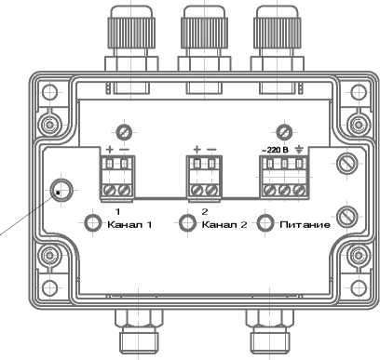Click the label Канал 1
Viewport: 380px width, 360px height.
pyautogui.click(x=129, y=224)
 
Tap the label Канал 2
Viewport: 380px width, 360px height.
pyautogui.click(x=224, y=224)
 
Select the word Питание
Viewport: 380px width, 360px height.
pyautogui.click(x=305, y=224)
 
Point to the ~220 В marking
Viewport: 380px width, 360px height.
pyautogui.click(x=276, y=150)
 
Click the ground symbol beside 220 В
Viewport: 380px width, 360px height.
pyautogui.click(x=299, y=150)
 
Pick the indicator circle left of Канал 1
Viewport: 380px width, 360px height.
pyautogui.click(x=93, y=223)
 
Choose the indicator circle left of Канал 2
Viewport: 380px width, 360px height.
pyautogui.click(x=188, y=223)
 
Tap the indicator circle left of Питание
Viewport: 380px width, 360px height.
pyautogui.click(x=265, y=223)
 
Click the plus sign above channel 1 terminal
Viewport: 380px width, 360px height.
pyautogui.click(x=110, y=150)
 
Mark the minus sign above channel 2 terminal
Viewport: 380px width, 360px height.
pyautogui.click(x=211, y=150)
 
